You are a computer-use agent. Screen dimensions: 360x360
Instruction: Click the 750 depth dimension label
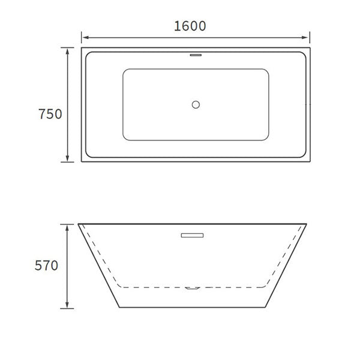pos(50,114)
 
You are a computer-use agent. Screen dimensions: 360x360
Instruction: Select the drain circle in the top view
pos(195,105)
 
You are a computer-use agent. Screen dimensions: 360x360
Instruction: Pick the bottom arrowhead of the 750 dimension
pos(67,160)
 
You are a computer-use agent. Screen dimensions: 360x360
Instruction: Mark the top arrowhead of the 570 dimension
pos(67,226)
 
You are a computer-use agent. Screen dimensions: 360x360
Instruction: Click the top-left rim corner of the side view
pos(79,224)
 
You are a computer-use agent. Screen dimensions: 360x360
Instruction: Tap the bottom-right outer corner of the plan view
pos(311,162)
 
